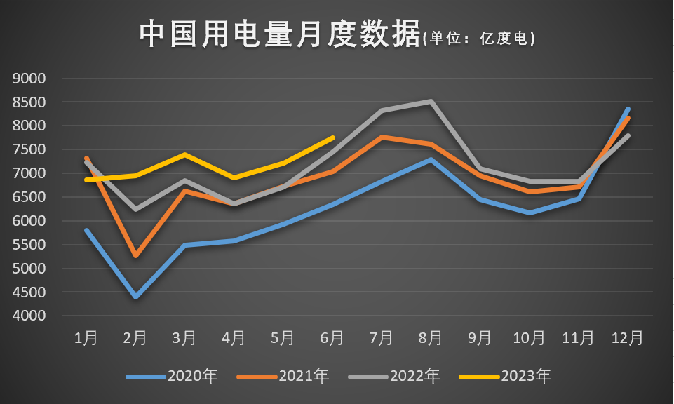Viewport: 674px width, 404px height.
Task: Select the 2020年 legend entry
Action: pos(173,377)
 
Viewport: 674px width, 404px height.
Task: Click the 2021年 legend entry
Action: pos(283,377)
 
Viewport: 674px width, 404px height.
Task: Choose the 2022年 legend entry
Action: pos(394,377)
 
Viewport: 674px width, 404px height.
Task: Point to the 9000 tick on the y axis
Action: pos(29,79)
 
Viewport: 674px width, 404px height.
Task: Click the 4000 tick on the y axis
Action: pos(29,316)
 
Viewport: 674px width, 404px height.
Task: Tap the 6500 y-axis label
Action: pos(29,197)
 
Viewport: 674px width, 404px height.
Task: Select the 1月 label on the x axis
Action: pos(86,338)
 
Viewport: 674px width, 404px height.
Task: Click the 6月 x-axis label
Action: pos(332,338)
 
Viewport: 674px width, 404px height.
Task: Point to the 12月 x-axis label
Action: pos(627,338)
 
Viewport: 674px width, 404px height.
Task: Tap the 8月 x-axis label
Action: pos(431,338)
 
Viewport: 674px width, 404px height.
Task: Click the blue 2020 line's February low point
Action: pos(135,297)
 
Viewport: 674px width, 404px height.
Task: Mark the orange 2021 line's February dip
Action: pos(135,256)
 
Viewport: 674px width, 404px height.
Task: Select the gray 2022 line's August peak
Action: pos(431,102)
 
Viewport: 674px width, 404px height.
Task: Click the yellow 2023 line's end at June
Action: pos(332,138)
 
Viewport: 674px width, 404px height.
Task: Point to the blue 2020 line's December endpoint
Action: pos(628,109)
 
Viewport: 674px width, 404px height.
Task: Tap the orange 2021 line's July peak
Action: pos(382,137)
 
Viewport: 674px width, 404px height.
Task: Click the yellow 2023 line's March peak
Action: pos(184,154)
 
